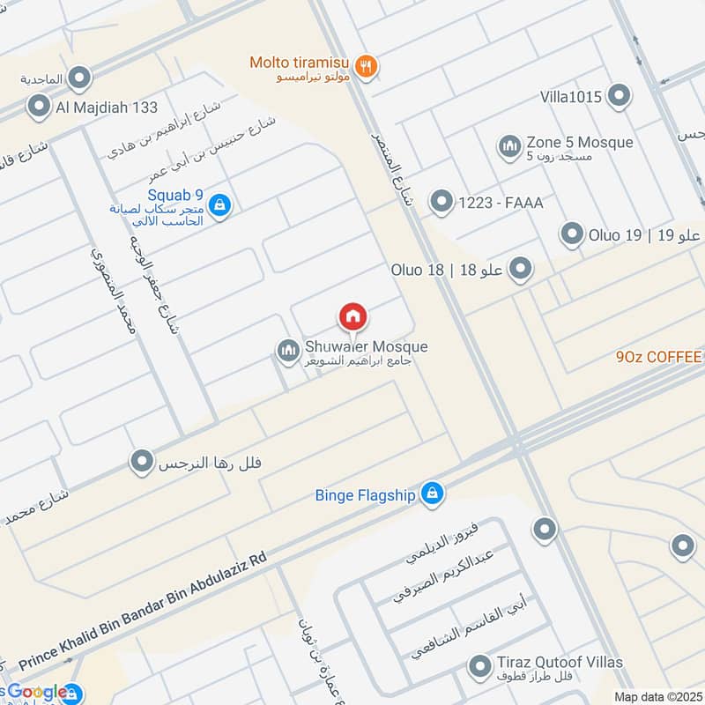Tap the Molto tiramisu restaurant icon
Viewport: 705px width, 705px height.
coord(367,64)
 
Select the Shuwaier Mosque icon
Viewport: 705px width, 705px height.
coord(288,352)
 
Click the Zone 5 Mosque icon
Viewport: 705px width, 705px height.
coord(508,147)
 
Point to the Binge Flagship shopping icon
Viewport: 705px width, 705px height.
coord(431,494)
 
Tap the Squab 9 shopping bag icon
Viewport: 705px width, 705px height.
coord(220,205)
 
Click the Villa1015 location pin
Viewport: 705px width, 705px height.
coord(620,96)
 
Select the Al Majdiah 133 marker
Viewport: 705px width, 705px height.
coord(39,108)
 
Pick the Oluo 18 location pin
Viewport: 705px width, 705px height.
coord(521,269)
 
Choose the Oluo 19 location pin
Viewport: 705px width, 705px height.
coord(573,234)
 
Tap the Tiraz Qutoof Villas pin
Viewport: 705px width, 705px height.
coord(479,666)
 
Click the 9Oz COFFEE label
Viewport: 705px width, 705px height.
coord(659,357)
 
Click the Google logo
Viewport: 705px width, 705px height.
coord(37,692)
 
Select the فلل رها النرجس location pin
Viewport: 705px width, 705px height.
coord(141,461)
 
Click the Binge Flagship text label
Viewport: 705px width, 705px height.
coord(365,495)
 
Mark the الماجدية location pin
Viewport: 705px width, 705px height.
coord(80,79)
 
